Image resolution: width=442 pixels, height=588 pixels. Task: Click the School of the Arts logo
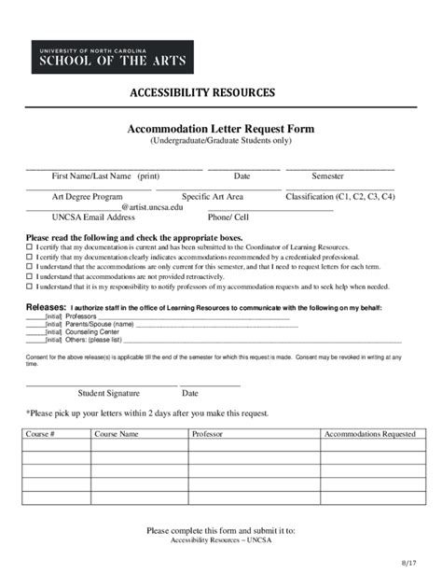point(113,57)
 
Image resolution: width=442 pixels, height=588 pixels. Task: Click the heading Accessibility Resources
point(201,93)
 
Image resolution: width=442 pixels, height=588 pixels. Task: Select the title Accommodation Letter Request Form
point(221,128)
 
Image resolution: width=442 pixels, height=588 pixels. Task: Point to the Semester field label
point(327,175)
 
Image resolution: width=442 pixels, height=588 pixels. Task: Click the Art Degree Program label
point(88,197)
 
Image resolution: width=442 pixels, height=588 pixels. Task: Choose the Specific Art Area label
point(213,197)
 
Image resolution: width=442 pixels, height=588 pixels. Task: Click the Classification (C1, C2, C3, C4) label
point(340,197)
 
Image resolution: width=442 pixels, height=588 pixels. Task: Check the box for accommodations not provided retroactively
point(29,277)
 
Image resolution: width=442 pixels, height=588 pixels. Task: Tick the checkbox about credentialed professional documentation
point(29,257)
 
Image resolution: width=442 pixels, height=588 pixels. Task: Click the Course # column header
point(40,434)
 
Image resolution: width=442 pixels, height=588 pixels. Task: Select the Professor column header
point(207,434)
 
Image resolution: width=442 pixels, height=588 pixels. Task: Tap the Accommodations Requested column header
point(369,434)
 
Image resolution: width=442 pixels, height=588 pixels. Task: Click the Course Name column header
point(116,434)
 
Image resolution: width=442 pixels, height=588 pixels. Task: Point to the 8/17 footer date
point(408,564)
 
